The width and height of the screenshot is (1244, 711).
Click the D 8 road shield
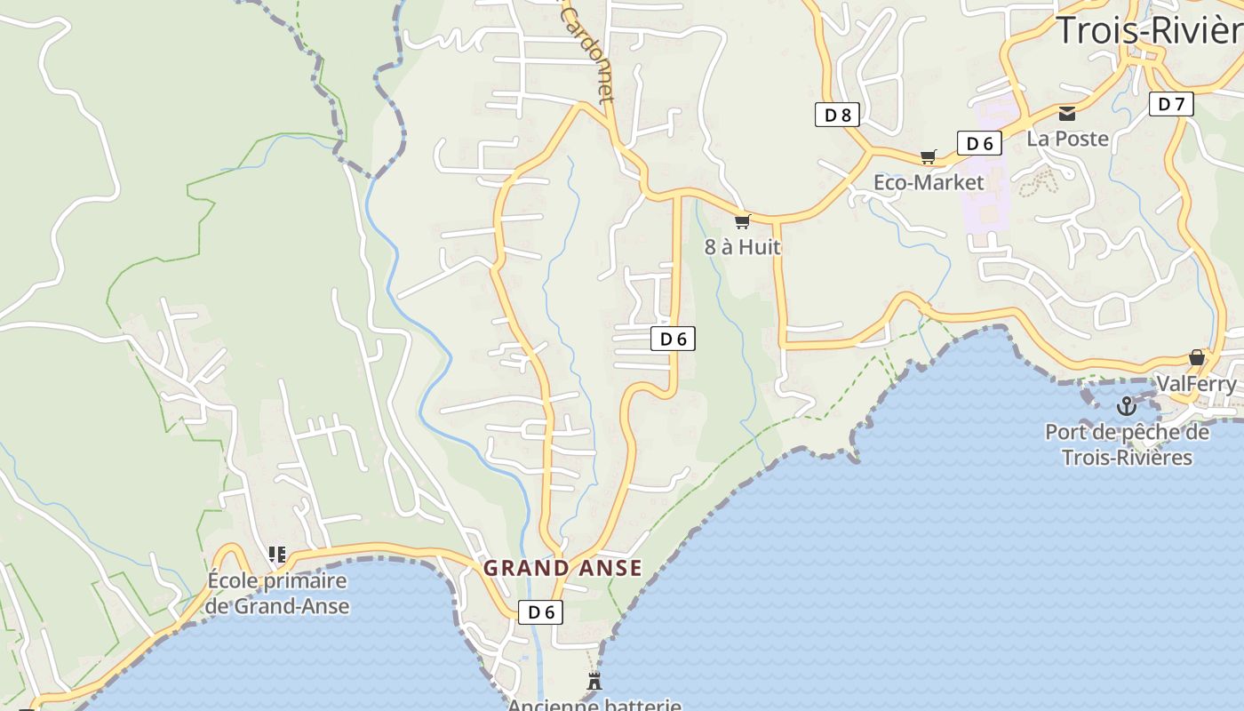tap(837, 114)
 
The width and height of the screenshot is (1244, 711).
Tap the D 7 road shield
tap(1171, 104)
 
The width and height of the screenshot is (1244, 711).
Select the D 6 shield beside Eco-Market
tap(979, 143)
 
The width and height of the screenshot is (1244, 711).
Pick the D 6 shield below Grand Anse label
tap(541, 611)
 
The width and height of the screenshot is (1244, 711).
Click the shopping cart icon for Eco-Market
tap(929, 157)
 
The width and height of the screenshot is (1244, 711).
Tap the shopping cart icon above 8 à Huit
tap(742, 221)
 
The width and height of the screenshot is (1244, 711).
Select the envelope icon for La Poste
tap(1067, 113)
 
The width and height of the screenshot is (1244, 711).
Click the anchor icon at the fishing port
tap(1127, 406)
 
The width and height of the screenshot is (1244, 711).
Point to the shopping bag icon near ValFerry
tap(1197, 357)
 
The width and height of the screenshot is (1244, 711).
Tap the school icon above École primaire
tap(277, 555)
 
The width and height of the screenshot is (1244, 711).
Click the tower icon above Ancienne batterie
tap(594, 682)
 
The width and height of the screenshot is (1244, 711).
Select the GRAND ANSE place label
tap(562, 568)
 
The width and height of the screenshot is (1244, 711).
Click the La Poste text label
tap(1068, 139)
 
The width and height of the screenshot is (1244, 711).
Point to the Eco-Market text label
tap(929, 182)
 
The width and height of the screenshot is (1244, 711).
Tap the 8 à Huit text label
tap(743, 247)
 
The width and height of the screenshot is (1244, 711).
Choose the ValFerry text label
tap(1196, 384)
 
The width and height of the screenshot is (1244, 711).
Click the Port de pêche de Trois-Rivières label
tap(1127, 444)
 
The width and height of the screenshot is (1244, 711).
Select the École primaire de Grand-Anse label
tap(277, 594)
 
